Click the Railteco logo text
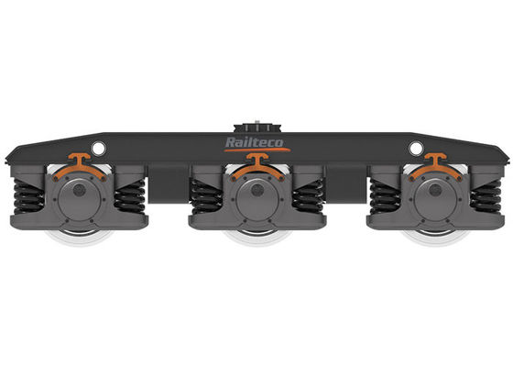click(255, 142)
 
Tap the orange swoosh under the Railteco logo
click(257, 150)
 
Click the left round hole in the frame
click(98, 149)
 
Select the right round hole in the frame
click(416, 149)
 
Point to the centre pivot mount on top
click(257, 128)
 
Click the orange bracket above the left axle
click(80, 167)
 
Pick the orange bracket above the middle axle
click(257, 167)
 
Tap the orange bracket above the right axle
click(435, 167)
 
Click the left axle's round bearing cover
click(79, 199)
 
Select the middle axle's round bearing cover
click(257, 199)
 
